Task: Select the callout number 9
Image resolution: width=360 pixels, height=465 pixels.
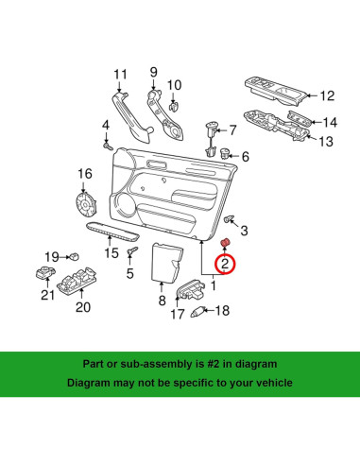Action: [154, 72]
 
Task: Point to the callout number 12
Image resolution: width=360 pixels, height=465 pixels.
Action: [327, 95]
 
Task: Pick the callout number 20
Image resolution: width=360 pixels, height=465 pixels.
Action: [83, 306]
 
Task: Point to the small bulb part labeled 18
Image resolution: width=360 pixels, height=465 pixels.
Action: [200, 310]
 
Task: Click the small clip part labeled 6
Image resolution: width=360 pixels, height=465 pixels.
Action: [226, 154]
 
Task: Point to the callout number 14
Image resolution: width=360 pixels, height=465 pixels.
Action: [328, 123]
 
